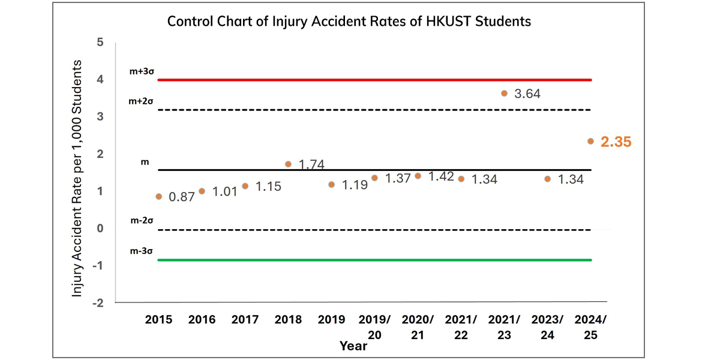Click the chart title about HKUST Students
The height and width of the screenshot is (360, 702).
coord(349,22)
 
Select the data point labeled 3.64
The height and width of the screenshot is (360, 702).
coord(504,93)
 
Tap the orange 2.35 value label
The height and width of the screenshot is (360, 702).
coord(616,142)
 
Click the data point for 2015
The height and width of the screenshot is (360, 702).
coord(158,196)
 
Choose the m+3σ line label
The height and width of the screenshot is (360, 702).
coord(142,71)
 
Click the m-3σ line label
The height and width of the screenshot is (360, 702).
coord(142,251)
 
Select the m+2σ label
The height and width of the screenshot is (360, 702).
coord(142,101)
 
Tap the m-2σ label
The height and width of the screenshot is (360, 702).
coord(142,221)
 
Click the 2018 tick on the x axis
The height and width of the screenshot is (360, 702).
coord(288,320)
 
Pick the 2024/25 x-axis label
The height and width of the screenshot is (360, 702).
coord(590,327)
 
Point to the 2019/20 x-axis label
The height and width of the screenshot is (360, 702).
coord(374,327)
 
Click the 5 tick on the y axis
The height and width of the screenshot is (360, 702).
coord(100,43)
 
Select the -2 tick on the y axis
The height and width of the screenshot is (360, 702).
coord(98,303)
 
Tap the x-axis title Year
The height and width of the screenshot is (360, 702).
coord(353,346)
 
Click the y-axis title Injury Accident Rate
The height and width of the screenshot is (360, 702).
coord(77,178)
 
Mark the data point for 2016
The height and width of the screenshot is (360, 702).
coord(202,191)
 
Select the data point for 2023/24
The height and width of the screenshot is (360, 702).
coord(547,179)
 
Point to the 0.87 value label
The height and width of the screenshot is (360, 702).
coord(182,197)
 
